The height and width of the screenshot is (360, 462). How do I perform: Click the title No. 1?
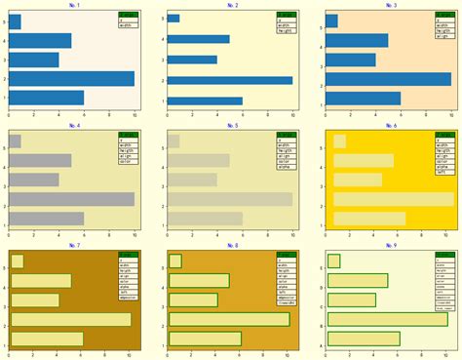(x=76, y=6)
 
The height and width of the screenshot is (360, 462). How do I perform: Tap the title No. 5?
(x=232, y=126)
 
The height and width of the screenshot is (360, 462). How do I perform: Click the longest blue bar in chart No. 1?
(x=71, y=79)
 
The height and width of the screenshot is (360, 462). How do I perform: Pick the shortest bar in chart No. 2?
(x=173, y=19)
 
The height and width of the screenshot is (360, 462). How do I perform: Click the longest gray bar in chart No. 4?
(x=71, y=199)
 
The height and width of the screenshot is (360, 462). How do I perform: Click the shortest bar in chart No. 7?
(x=17, y=260)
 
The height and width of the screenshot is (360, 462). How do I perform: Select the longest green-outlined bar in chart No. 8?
(x=229, y=319)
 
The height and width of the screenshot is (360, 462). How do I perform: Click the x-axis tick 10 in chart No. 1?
(x=135, y=113)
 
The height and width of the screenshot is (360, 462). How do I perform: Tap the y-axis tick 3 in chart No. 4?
(x=5, y=180)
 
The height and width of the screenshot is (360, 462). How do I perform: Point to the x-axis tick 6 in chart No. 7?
(x=84, y=353)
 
